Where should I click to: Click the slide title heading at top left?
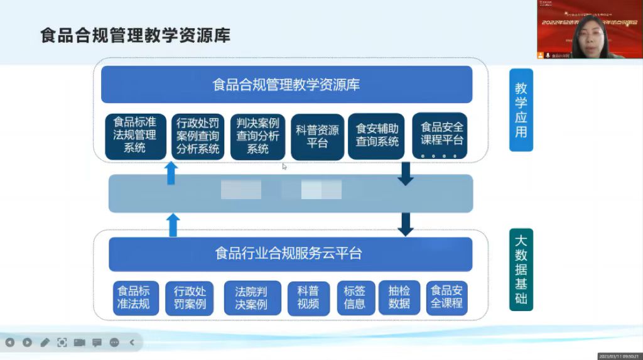(135, 35)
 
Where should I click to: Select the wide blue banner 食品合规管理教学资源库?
(286, 85)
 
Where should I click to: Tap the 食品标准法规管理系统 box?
(135, 134)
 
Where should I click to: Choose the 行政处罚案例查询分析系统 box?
(198, 136)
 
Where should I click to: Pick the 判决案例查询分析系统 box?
(257, 136)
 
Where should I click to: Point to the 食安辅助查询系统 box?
(377, 136)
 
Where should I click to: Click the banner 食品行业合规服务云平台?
(289, 254)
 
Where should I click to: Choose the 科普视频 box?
(308, 298)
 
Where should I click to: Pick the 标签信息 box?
(355, 298)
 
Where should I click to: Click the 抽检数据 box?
(399, 298)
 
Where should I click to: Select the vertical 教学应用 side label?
(521, 111)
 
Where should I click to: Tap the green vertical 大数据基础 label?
(521, 270)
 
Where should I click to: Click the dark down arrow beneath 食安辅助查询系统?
(406, 173)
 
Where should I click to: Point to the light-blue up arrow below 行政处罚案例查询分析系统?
(171, 173)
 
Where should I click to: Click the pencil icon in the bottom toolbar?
(45, 342)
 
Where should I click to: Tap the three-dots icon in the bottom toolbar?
(114, 342)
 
